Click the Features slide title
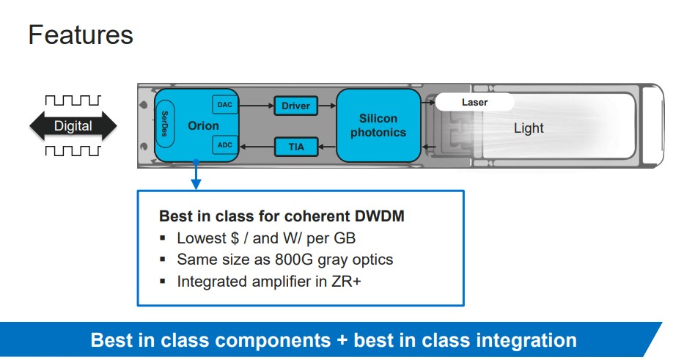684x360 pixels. click(x=81, y=35)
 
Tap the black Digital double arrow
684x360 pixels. click(x=73, y=126)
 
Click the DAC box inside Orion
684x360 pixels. click(x=224, y=106)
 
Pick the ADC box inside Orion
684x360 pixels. click(x=224, y=145)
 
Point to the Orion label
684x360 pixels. click(x=203, y=125)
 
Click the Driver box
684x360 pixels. click(x=295, y=106)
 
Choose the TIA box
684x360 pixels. click(x=296, y=147)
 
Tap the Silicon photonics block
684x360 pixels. click(x=378, y=125)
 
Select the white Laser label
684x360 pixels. click(x=474, y=103)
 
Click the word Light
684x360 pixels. click(x=528, y=128)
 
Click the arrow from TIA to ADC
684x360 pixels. click(x=256, y=147)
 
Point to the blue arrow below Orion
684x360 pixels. click(x=196, y=176)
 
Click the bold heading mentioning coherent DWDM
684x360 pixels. click(x=282, y=217)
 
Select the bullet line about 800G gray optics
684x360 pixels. click(x=284, y=260)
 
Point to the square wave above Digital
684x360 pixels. click(x=73, y=100)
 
